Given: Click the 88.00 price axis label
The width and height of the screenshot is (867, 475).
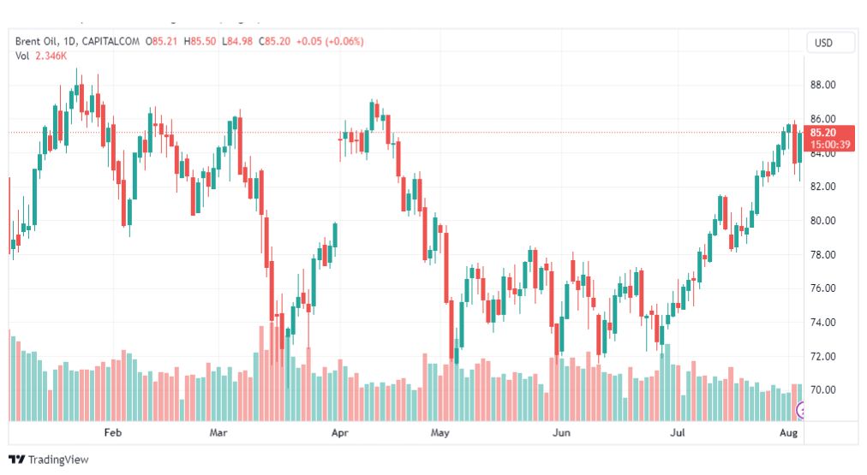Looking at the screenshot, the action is pyautogui.click(x=822, y=85).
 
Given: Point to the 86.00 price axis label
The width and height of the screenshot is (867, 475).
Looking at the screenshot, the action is pyautogui.click(x=822, y=119).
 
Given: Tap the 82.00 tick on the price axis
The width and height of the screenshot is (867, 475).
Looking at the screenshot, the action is pyautogui.click(x=822, y=187).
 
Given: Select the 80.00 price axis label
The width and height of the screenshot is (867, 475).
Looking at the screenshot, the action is pyautogui.click(x=822, y=220).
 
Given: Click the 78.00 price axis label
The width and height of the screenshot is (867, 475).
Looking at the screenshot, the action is pyautogui.click(x=822, y=255).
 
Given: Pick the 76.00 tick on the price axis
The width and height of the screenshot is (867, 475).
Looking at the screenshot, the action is pyautogui.click(x=822, y=288).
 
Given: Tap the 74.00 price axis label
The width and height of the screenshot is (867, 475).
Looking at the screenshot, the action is pyautogui.click(x=822, y=323).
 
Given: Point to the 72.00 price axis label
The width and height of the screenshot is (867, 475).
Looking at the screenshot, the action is pyautogui.click(x=822, y=356).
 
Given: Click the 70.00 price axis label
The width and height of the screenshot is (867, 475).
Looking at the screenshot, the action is pyautogui.click(x=822, y=390).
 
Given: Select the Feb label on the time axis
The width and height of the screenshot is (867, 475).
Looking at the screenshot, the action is pyautogui.click(x=113, y=432).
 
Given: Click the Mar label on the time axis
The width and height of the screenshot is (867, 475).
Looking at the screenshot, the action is pyautogui.click(x=218, y=432).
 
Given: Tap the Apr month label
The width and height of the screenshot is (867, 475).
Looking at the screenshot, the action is pyautogui.click(x=340, y=432).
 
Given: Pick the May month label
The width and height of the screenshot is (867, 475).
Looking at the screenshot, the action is pyautogui.click(x=440, y=432).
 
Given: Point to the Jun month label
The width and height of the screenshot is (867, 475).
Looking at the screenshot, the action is pyautogui.click(x=561, y=432).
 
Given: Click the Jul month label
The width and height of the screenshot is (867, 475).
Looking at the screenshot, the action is pyautogui.click(x=678, y=432).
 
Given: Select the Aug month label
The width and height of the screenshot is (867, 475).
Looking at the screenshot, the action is pyautogui.click(x=788, y=432).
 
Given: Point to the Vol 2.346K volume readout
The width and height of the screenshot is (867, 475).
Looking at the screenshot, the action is pyautogui.click(x=41, y=56).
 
